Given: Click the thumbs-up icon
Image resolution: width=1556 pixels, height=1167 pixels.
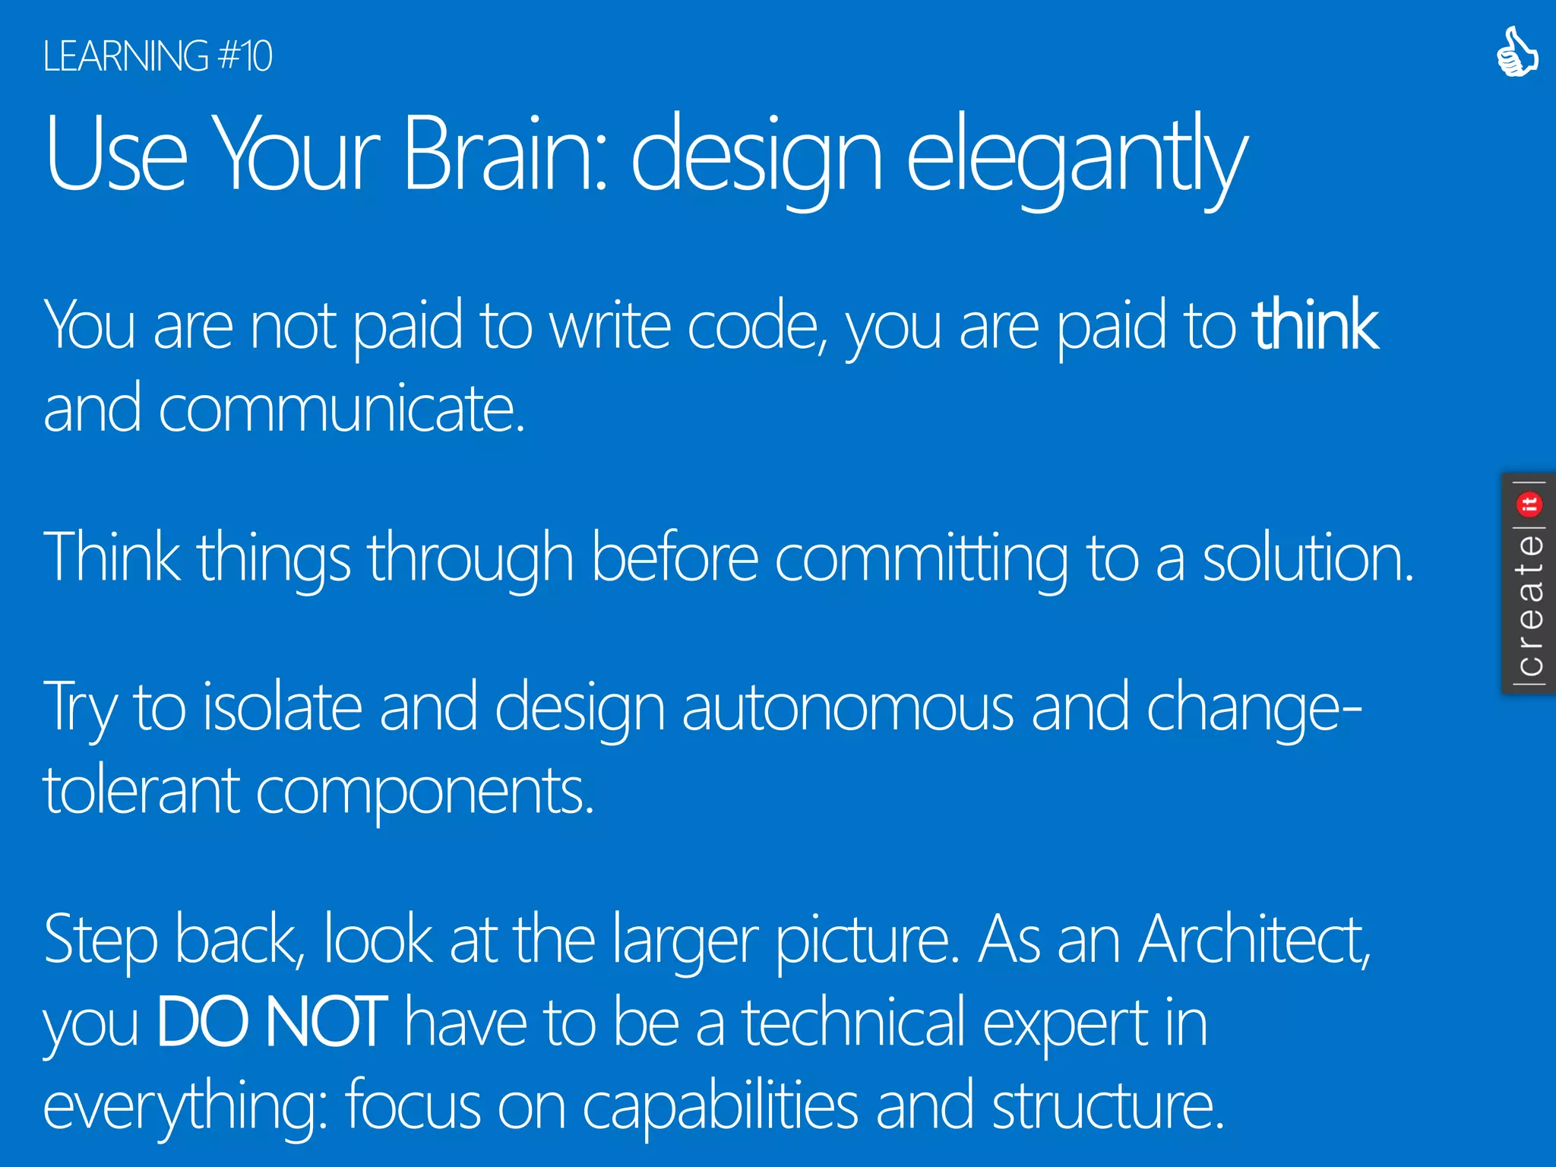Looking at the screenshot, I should tap(1516, 52).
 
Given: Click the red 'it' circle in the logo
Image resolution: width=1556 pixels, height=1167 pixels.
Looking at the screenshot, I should tap(1529, 504).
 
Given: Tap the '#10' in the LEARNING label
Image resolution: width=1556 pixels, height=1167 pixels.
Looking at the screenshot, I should tap(245, 56).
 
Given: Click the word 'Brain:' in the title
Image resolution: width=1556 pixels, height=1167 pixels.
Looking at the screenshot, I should tap(505, 153).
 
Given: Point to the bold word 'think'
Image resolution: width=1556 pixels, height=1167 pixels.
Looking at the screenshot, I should tap(1315, 326).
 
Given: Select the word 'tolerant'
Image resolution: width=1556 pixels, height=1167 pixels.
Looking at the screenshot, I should tap(141, 791).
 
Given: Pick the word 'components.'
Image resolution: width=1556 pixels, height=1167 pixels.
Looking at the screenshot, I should tap(425, 794).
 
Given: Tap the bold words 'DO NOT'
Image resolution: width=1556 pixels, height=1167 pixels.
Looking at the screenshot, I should tap(272, 1023).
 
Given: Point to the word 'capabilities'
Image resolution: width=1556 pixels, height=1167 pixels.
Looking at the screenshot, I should tap(719, 1106).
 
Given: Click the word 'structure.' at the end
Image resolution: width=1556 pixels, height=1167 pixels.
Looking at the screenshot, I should tap(1108, 1106).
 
